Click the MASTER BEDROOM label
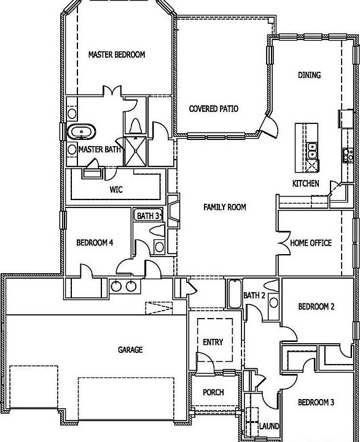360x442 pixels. [x=116, y=55]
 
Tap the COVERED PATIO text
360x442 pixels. [x=213, y=109]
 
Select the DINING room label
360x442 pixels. [x=309, y=76]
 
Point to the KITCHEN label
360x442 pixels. [x=305, y=184]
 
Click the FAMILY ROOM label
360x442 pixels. [x=224, y=207]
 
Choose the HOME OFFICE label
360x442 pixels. [x=311, y=243]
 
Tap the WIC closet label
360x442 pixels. [x=116, y=190]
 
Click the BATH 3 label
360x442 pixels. [x=147, y=216]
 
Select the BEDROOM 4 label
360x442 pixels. [x=95, y=243]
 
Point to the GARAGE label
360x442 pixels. [x=130, y=350]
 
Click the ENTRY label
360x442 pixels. [x=213, y=343]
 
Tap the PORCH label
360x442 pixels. [x=213, y=393]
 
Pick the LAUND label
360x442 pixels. [x=270, y=426]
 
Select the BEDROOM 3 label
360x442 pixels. [x=316, y=403]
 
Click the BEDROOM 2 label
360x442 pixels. [x=316, y=307]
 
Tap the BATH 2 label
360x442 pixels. [x=254, y=296]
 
